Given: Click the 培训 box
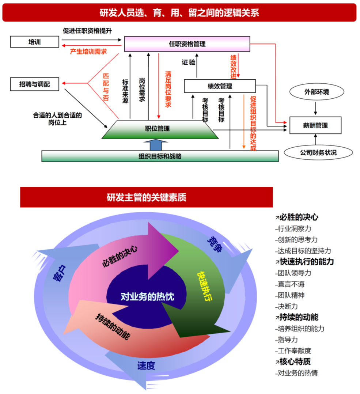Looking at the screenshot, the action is tap(35, 42).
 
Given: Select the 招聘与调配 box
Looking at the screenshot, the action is tap(35, 84).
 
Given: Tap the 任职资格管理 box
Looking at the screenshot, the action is tap(187, 44).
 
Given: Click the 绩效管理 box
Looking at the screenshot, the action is tap(220, 86).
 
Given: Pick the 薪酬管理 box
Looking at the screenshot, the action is tap(315, 125).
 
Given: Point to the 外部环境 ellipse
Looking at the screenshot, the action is tap(317, 92).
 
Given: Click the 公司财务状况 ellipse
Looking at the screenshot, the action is tap(318, 152).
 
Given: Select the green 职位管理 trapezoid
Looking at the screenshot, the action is tap(160, 129).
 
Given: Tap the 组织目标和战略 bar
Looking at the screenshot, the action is tap(160, 156).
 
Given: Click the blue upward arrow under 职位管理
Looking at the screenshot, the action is tap(155, 145).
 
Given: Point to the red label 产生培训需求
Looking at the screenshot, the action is tap(88, 52).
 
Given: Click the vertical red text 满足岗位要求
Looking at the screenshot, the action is tap(168, 89).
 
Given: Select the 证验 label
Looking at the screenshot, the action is tap(189, 62).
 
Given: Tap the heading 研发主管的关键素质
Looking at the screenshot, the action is tap(147, 197).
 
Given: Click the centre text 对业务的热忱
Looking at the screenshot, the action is tap(147, 296).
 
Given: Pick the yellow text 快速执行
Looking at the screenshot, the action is tap(205, 286).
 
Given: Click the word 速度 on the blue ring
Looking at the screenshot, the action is tap(146, 365).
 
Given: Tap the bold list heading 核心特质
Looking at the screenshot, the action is tap(293, 361).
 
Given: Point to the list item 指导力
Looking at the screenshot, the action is tap(287, 340).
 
